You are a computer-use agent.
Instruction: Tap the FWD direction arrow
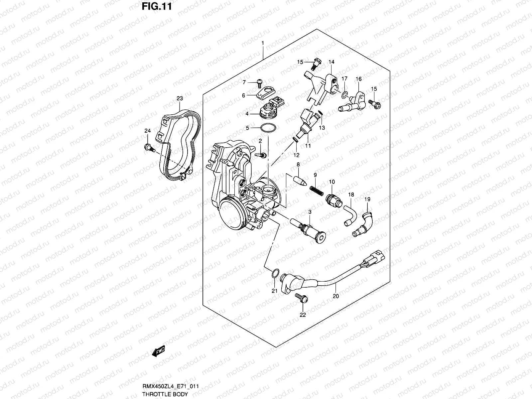tap(158, 351)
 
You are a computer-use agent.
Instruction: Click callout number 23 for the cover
tap(180, 98)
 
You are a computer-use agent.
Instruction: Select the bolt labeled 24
tap(148, 147)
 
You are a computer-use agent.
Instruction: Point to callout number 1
tap(262, 43)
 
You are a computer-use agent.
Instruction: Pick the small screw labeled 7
tap(260, 81)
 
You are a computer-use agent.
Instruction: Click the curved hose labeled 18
tap(349, 216)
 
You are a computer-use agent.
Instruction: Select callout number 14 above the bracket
tap(332, 62)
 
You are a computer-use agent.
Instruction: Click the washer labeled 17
tap(344, 95)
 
